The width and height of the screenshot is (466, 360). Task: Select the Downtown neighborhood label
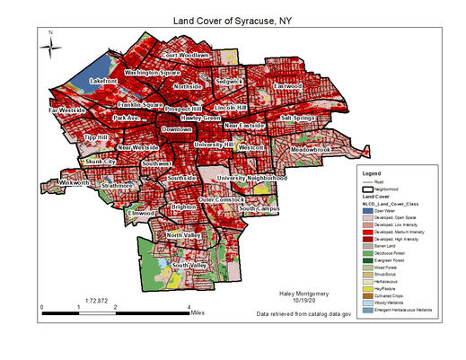tap(176, 128)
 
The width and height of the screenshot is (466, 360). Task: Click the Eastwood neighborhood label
tap(288, 87)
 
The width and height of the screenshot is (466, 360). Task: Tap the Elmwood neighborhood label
tap(142, 214)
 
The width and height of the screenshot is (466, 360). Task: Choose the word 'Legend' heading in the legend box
tap(359, 171)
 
